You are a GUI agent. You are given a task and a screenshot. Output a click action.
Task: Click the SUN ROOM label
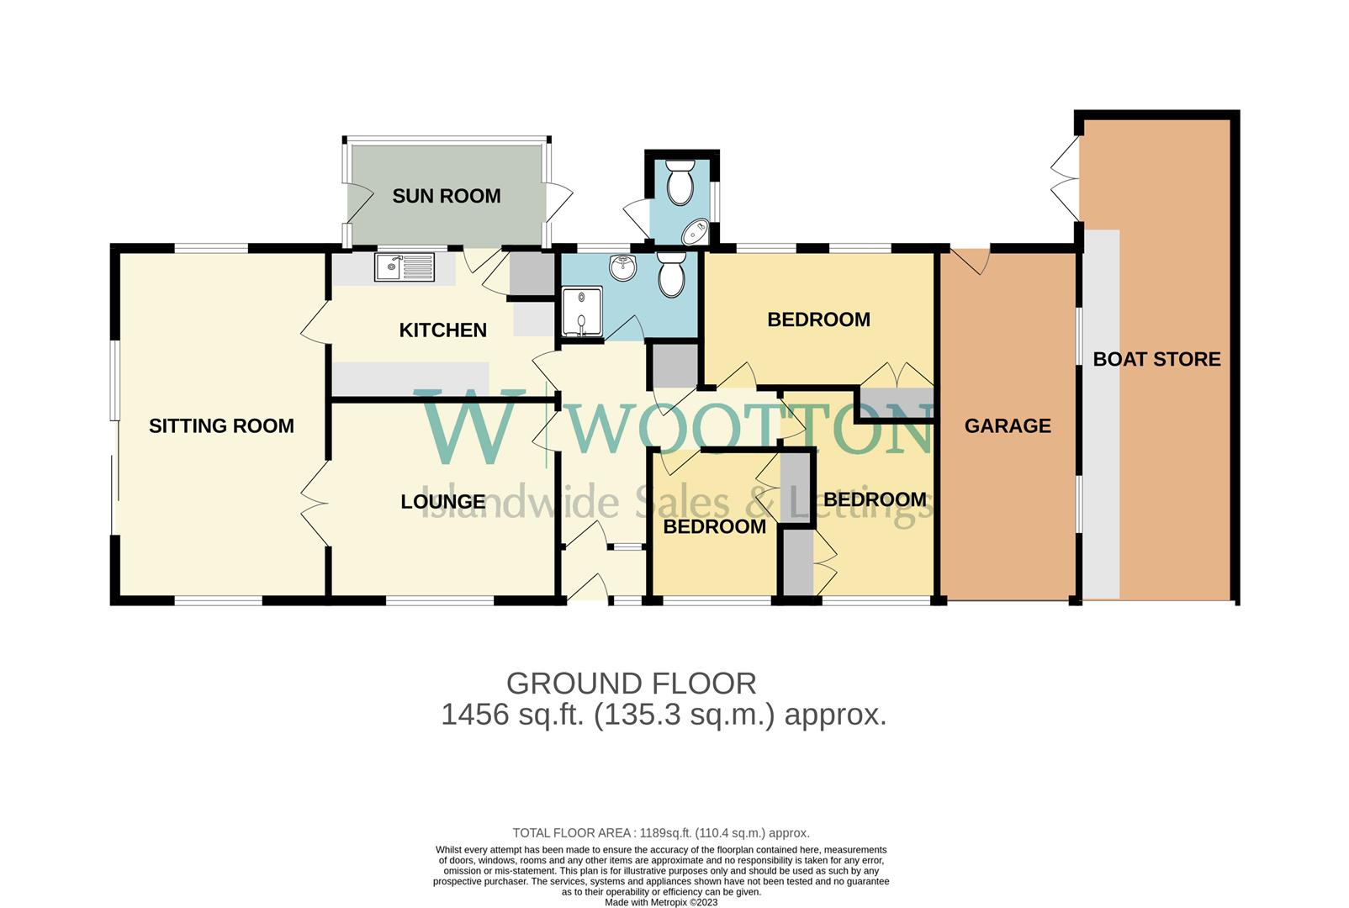(446, 196)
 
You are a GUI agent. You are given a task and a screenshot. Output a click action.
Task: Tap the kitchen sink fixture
(405, 267)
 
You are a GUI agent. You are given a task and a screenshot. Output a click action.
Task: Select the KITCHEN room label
(442, 330)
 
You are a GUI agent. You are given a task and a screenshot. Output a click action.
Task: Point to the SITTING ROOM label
(221, 426)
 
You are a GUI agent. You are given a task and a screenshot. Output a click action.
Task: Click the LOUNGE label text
(442, 502)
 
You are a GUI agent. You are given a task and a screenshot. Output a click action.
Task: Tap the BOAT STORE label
(1156, 360)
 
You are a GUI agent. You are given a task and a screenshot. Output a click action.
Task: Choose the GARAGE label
(1007, 426)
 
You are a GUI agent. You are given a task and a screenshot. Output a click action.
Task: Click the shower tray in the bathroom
(582, 313)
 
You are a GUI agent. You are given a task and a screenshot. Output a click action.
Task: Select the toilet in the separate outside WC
(679, 182)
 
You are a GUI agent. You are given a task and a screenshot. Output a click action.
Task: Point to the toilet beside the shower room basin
(671, 275)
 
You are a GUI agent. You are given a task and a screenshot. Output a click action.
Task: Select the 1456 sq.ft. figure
(511, 715)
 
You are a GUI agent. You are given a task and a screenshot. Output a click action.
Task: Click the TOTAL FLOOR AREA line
(660, 833)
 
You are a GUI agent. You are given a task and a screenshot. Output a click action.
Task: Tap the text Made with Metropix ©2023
(661, 902)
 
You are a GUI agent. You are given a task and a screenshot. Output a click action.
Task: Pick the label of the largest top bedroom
(818, 319)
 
